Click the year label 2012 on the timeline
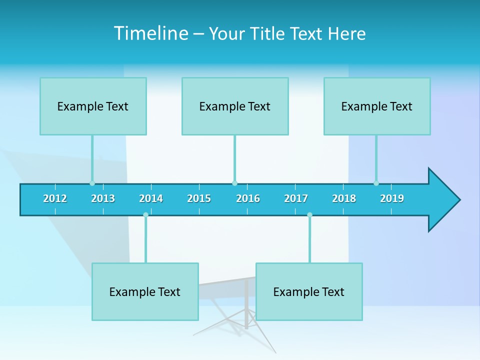click(x=55, y=199)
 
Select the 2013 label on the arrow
click(x=103, y=199)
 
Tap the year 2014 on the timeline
click(x=151, y=199)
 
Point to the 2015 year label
click(x=199, y=199)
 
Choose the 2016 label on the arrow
click(x=248, y=199)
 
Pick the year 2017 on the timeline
click(x=296, y=199)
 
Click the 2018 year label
click(x=344, y=199)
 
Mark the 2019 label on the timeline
click(x=392, y=199)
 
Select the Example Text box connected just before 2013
click(x=93, y=106)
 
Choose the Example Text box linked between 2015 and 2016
click(x=235, y=106)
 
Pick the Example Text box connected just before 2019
click(x=377, y=106)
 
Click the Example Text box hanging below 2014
click(x=145, y=292)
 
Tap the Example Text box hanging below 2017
click(x=309, y=292)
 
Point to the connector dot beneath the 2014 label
click(x=145, y=215)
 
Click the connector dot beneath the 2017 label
click(x=309, y=215)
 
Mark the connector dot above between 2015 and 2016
click(x=234, y=183)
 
